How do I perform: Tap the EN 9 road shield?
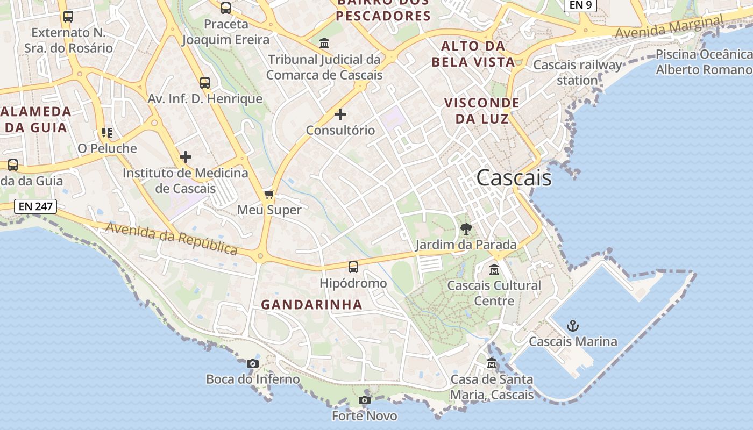click(x=580, y=5)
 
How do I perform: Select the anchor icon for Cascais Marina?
click(x=573, y=326)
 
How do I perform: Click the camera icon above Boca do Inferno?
click(x=252, y=364)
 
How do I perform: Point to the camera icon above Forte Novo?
click(x=364, y=400)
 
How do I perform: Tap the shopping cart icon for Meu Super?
click(x=269, y=194)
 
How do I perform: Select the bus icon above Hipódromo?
click(x=353, y=267)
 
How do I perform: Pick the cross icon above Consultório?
click(x=340, y=114)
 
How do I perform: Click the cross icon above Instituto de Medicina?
click(x=186, y=157)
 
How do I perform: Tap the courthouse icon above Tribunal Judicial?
click(x=324, y=43)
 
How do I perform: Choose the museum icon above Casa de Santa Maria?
click(x=491, y=364)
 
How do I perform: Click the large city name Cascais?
click(x=514, y=178)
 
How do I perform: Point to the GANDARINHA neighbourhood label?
click(x=311, y=305)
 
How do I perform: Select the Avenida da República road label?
click(x=172, y=238)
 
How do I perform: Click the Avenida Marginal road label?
click(x=669, y=27)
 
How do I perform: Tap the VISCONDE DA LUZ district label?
click(x=481, y=111)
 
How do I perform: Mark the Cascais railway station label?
click(x=577, y=73)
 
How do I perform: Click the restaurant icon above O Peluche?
click(x=106, y=133)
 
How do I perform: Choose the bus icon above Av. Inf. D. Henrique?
click(x=204, y=83)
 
